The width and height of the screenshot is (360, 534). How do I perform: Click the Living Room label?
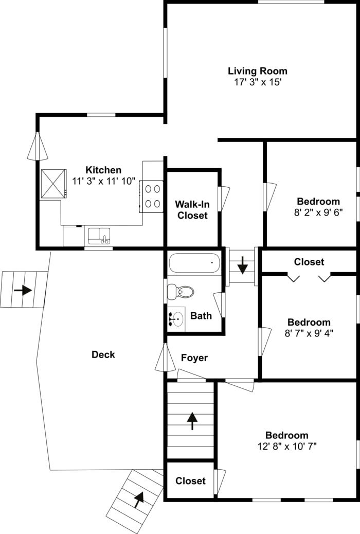[258, 71]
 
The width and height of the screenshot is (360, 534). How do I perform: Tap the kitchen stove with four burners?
[152, 197]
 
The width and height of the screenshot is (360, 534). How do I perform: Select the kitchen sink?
[99, 236]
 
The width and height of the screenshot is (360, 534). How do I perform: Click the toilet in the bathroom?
[181, 292]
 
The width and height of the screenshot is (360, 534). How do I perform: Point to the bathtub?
[194, 262]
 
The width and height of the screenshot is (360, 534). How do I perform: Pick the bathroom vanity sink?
[176, 319]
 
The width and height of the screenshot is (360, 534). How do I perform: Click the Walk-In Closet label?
[192, 210]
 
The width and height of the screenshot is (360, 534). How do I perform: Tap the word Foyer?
[194, 358]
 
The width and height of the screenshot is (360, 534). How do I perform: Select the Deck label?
[103, 354]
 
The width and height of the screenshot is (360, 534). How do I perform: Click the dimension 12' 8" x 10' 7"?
[287, 446]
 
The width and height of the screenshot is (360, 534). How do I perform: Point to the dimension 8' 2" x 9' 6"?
[318, 212]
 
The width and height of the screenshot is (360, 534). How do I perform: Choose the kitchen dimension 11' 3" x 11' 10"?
[103, 181]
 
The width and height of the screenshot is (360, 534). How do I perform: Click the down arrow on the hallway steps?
[243, 265]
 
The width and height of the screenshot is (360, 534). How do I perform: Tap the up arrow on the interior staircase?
[192, 421]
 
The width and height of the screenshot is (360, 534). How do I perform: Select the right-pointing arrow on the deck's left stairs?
[23, 290]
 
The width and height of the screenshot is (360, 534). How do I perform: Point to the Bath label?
[201, 316]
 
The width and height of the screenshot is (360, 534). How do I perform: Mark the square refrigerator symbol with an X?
[54, 184]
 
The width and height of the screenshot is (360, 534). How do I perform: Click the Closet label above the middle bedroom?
[309, 262]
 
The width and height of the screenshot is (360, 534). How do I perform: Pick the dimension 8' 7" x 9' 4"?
[309, 333]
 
